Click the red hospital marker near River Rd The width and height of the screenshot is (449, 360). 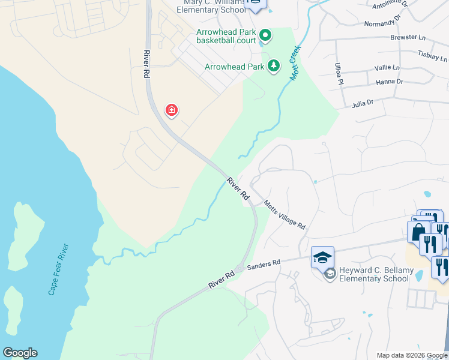(172, 110)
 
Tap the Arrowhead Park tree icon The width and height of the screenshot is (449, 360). (274, 66)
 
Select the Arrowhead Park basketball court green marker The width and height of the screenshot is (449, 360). (265, 36)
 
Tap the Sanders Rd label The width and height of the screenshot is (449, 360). (264, 263)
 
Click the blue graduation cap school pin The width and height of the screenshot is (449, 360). (322, 257)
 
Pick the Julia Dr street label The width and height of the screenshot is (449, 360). (363, 103)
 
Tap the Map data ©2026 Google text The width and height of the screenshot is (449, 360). (411, 355)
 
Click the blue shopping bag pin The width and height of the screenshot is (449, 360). (418, 230)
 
